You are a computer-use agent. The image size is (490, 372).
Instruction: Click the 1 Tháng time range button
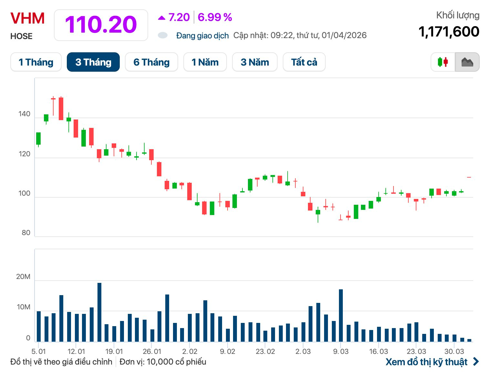(36, 62)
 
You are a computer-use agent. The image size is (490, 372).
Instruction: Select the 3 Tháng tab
(93, 62)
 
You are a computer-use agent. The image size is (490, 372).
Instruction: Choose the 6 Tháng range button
(151, 62)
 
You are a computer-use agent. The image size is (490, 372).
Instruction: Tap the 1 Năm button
(205, 62)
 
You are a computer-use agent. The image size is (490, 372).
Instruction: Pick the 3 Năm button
(255, 62)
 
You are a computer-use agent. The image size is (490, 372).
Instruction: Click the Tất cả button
(304, 62)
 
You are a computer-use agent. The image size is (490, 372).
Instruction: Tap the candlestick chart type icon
(443, 62)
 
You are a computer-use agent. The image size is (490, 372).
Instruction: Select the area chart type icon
(467, 62)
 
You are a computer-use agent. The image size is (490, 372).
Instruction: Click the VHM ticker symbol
(27, 18)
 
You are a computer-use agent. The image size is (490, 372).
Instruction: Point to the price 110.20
(101, 25)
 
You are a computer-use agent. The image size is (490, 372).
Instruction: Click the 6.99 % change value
(215, 17)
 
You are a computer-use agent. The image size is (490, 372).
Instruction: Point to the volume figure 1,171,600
(449, 32)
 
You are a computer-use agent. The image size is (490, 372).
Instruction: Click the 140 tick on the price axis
(24, 114)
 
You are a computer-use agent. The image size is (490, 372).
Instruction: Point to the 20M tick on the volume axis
(23, 277)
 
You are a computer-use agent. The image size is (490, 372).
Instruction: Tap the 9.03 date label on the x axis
(341, 351)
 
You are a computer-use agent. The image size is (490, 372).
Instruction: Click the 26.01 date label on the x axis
(152, 351)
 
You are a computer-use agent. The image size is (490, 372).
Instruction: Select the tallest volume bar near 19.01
(99, 312)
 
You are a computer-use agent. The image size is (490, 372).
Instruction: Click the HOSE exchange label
(21, 36)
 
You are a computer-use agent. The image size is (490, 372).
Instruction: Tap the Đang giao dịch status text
(202, 36)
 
